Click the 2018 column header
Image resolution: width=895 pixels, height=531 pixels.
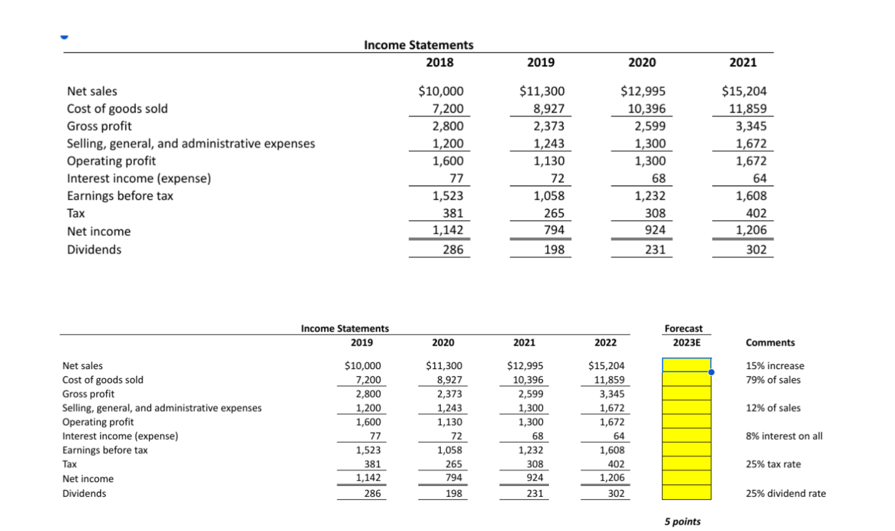439,62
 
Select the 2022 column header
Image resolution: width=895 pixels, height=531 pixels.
605,342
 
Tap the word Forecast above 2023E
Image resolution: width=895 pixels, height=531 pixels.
683,328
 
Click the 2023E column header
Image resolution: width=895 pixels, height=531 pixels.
686,342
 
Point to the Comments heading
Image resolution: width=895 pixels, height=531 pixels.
770,342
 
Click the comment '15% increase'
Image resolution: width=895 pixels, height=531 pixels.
775,366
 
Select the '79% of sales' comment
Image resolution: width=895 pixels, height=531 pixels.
773,380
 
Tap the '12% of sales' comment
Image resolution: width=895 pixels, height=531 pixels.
773,408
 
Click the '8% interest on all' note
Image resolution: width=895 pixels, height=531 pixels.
784,436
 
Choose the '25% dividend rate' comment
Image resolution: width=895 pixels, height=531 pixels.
785,494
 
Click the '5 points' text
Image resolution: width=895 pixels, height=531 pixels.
682,522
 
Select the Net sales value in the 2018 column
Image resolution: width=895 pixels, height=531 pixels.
441,91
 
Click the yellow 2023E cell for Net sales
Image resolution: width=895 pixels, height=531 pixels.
686,365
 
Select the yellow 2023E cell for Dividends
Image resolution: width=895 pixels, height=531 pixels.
686,493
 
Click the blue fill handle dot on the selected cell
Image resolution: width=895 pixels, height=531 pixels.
711,372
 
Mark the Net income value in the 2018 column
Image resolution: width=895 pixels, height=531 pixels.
448,230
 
